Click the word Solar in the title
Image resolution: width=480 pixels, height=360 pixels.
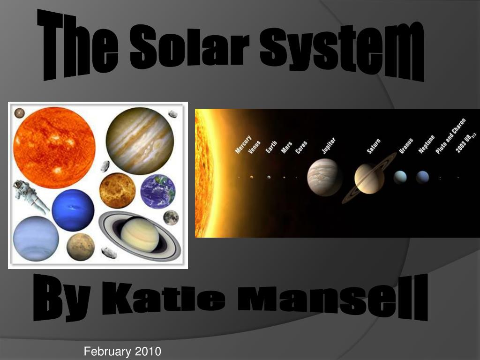(189, 46)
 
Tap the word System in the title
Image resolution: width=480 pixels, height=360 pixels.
(342, 51)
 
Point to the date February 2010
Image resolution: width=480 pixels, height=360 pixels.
(122, 351)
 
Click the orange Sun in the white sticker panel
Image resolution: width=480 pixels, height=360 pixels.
(54, 148)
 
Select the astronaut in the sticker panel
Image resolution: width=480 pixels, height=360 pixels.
(30, 196)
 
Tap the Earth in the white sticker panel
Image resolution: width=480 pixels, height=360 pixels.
(157, 192)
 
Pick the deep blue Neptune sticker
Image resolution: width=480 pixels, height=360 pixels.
(73, 210)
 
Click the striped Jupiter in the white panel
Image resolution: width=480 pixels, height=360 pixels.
(140, 141)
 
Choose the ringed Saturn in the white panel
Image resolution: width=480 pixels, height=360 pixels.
(140, 236)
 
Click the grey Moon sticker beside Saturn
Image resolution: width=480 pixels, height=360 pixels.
(171, 217)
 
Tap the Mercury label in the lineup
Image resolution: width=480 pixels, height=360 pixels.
(243, 144)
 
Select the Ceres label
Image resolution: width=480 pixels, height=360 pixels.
(301, 147)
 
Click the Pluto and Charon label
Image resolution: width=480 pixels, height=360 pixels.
(450, 136)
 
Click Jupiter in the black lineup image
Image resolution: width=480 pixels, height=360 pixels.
(324, 177)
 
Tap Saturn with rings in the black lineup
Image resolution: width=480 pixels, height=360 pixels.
(369, 179)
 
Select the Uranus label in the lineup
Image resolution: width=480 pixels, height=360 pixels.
(406, 146)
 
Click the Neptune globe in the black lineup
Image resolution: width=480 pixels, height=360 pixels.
(422, 177)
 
